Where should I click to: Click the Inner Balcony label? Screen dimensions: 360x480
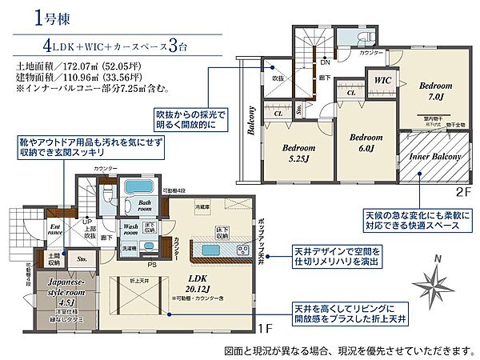point(435,157)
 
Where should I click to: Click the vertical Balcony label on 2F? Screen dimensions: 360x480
point(250,131)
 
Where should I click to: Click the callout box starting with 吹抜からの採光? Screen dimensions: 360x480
point(191,119)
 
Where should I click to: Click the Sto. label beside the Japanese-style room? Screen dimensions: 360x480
point(81,259)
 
